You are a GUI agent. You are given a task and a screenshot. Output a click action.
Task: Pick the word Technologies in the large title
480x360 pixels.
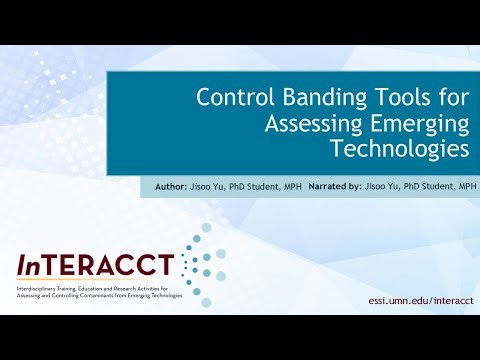400,150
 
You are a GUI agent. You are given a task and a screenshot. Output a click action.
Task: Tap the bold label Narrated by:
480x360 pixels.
335,186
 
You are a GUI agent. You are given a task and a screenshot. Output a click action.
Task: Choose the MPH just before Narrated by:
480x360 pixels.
293,186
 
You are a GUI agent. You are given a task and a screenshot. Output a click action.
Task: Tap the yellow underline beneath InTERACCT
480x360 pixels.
96,280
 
